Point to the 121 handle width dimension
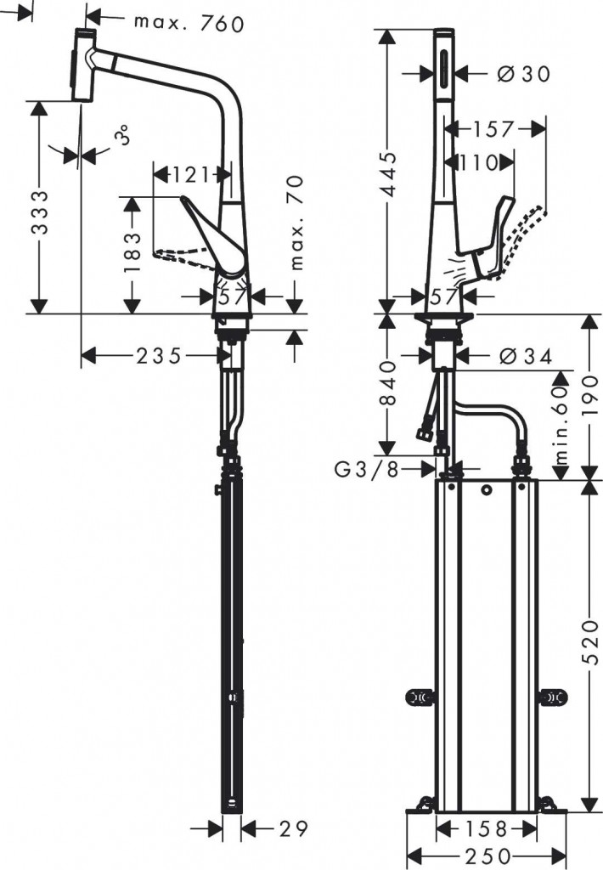190,175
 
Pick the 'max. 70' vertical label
296,223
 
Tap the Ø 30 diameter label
521,74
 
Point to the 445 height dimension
386,174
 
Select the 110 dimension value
480,162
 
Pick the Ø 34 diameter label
522,355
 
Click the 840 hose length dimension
386,385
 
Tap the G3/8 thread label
366,469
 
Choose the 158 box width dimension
486,828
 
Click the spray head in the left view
82,65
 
